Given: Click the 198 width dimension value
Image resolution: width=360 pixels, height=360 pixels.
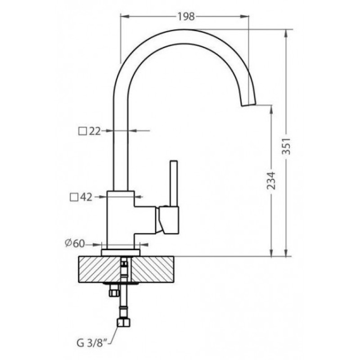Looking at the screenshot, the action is click(186, 17).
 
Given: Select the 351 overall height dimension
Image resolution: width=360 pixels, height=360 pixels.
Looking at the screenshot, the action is click(286, 146).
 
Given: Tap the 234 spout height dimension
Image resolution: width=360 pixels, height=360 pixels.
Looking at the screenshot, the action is click(271, 180).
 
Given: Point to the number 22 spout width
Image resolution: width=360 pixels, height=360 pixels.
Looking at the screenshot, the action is click(94, 131).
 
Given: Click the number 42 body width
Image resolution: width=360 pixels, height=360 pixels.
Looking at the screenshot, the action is click(86, 197).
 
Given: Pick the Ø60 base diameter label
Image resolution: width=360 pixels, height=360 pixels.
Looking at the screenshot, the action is click(75, 243).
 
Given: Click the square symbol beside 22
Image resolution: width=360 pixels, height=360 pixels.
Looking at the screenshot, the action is click(82, 131).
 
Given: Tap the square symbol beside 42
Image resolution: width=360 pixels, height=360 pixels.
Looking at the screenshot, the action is click(74, 197).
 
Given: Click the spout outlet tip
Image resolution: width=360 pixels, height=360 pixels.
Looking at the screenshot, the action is click(248, 104).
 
